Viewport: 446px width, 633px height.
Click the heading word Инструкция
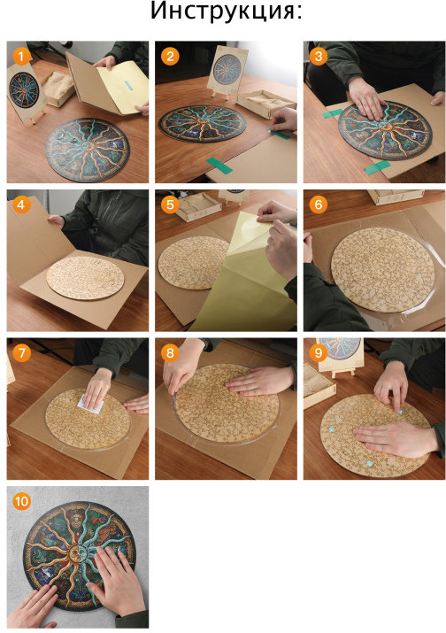223,12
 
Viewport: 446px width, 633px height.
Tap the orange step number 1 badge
21,57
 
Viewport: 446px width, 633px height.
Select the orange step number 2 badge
170,57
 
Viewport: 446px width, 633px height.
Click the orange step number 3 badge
319,57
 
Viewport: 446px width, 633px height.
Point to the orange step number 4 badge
21,205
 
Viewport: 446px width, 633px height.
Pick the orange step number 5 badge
170,205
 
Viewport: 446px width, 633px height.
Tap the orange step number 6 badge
319,205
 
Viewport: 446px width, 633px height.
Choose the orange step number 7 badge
21,353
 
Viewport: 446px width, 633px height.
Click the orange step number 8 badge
170,353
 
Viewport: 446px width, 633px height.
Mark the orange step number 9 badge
319,353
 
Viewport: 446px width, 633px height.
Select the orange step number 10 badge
21,502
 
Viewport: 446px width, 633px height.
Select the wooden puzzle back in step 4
85,277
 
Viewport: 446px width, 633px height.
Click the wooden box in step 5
199,206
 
